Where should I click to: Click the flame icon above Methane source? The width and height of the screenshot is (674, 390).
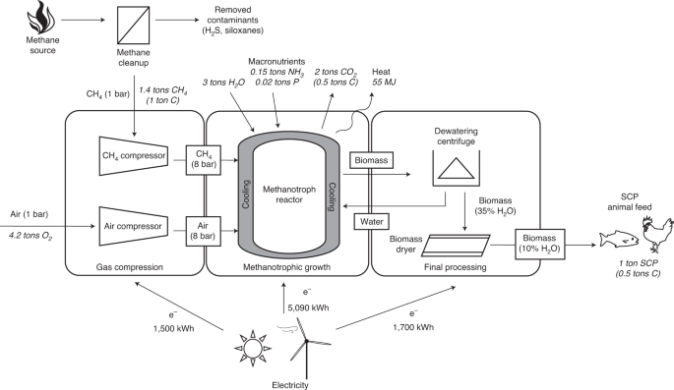point(41,17)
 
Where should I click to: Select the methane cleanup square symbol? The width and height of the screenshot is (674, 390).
point(133,25)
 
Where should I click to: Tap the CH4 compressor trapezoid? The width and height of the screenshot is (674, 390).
point(133,156)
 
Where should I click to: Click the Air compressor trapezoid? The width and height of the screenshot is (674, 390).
point(133,227)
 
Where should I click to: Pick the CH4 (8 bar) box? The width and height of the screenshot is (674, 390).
point(204,159)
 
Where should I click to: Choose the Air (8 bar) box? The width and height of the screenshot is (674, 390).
point(204,231)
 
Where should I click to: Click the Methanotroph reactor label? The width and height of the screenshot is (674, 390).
point(289,195)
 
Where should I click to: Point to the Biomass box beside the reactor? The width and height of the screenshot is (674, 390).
point(371,160)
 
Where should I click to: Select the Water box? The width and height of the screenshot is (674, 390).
point(371,221)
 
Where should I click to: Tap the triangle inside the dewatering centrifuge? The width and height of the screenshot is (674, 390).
point(457,168)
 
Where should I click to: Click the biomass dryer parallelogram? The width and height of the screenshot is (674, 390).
point(457,245)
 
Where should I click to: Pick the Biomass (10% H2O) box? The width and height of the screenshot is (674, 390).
point(540,244)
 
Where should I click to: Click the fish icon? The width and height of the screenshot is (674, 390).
point(619,240)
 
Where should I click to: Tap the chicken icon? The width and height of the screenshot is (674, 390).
point(656,234)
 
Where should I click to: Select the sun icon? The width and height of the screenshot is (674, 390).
point(252,348)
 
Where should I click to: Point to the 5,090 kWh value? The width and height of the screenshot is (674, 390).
point(308,307)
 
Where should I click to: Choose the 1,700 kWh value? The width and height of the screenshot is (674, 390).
point(413,327)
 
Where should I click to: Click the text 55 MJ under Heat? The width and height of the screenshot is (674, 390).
point(384,82)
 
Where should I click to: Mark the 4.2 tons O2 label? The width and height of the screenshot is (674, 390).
point(31,235)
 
